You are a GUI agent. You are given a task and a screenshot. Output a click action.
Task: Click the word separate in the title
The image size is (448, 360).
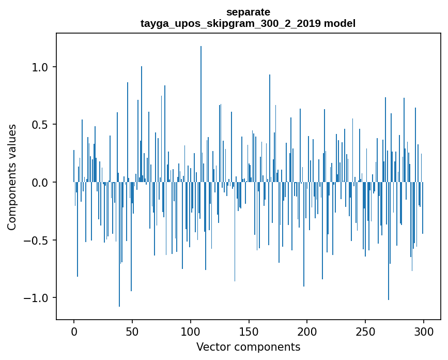(248, 11)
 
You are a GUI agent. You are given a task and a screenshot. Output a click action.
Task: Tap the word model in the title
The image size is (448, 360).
(340, 23)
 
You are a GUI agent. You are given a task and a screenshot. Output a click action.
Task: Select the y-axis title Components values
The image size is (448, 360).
(12, 177)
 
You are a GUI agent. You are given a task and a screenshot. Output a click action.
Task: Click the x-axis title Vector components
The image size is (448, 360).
(248, 347)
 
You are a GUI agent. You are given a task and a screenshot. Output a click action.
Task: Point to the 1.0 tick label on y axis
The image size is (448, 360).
(41, 67)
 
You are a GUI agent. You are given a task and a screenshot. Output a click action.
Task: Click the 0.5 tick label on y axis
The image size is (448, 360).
(41, 125)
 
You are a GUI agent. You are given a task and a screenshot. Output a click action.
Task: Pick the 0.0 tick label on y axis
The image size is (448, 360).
(41, 183)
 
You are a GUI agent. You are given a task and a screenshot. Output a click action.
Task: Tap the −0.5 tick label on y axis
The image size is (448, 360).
(38, 241)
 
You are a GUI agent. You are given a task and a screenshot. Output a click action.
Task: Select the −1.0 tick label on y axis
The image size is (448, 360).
(38, 298)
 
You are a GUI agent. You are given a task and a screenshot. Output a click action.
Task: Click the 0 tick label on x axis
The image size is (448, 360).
(74, 331)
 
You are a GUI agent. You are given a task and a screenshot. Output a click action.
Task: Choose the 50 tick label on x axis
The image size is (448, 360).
(132, 331)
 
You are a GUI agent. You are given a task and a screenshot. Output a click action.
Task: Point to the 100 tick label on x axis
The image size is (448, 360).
(191, 331)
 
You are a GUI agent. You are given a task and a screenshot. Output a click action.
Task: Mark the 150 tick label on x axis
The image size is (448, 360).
(249, 331)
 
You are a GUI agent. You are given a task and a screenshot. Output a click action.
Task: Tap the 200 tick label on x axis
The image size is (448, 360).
(307, 331)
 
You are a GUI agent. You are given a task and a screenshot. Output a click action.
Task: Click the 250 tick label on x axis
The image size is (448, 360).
(365, 331)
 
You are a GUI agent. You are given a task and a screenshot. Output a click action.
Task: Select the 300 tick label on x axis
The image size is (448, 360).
(424, 331)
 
